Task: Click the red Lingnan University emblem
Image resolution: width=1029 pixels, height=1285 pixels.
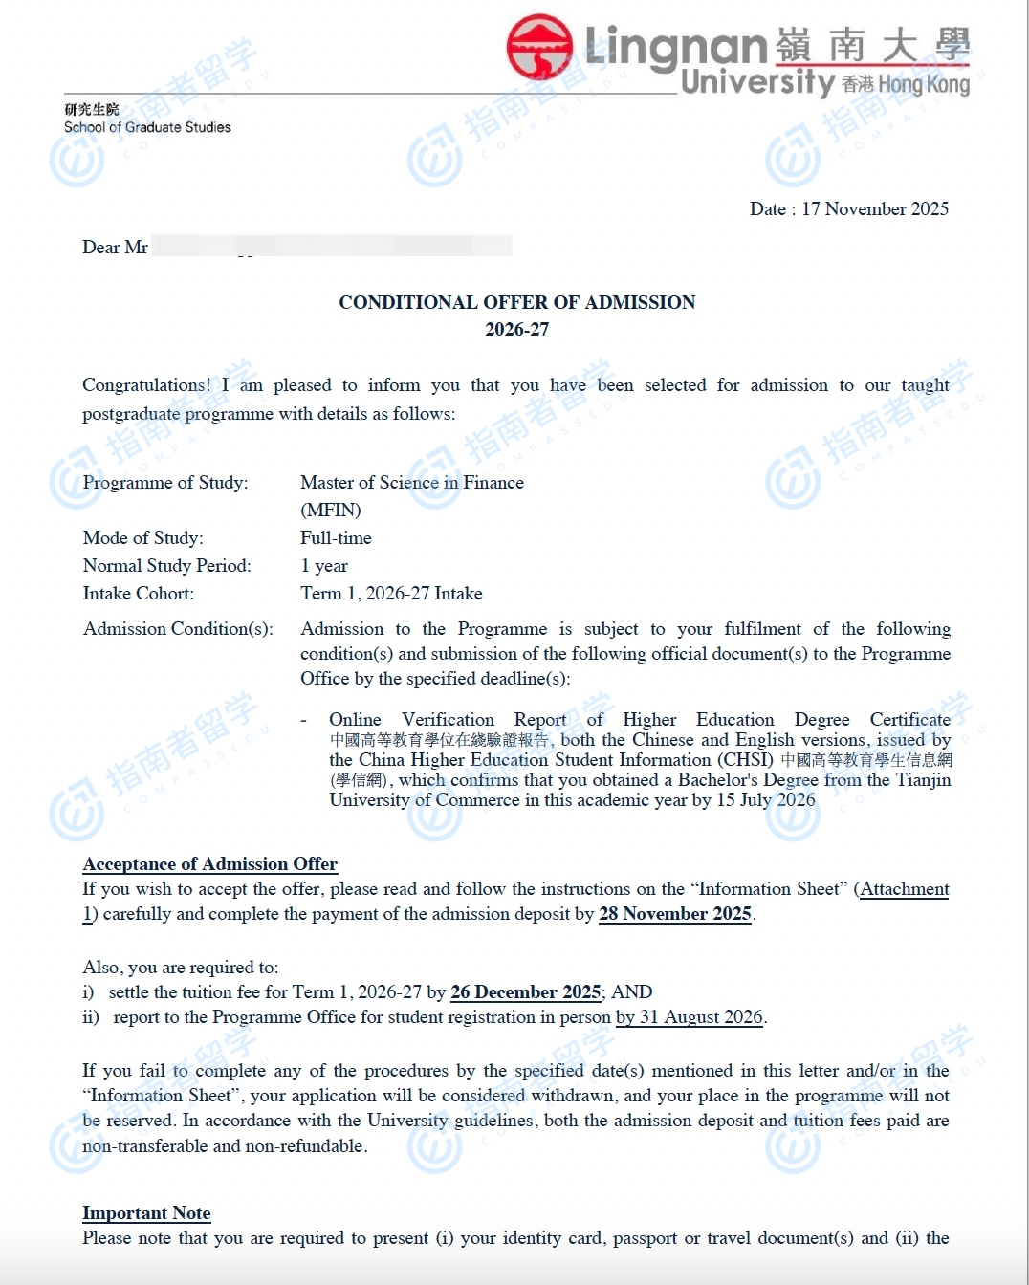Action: click(539, 47)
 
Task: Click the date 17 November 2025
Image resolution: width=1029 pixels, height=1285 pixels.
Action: click(875, 209)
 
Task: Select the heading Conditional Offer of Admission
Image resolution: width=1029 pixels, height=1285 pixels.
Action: click(516, 302)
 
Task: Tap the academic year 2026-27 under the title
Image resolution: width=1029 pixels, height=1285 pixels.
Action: click(516, 330)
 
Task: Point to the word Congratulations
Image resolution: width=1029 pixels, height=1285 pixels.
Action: click(145, 385)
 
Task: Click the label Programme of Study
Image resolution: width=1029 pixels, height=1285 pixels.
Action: click(165, 483)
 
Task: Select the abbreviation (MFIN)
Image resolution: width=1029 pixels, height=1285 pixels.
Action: click(331, 511)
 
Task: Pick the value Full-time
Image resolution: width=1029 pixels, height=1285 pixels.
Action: click(336, 538)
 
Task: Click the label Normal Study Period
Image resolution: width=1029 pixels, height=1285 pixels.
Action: click(167, 566)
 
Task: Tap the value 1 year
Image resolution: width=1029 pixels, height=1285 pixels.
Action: click(324, 566)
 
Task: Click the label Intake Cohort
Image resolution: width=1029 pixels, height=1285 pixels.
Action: click(139, 594)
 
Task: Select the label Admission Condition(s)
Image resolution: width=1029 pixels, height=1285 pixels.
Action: click(178, 629)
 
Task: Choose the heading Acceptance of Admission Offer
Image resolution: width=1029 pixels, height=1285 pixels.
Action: click(209, 864)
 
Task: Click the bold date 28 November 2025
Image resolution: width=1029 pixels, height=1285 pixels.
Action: click(675, 914)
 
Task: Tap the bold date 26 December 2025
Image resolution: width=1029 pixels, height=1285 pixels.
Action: click(526, 992)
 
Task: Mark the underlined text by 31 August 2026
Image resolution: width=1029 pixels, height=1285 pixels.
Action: click(690, 1017)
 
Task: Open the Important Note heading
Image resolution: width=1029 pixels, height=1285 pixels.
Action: click(146, 1213)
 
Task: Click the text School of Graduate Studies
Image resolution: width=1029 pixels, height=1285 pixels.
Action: click(147, 127)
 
